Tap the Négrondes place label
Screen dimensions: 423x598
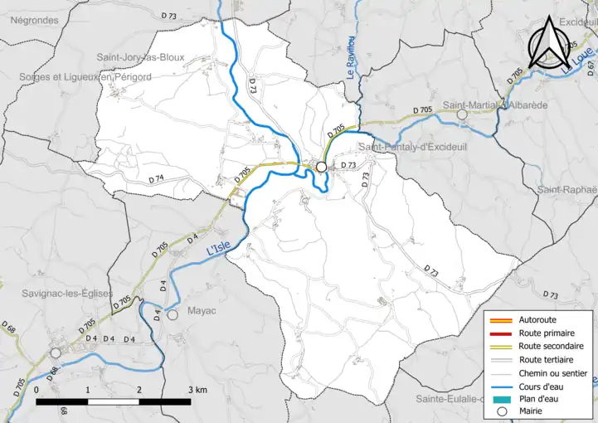(x=34, y=20)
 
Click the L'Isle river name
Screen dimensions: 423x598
(x=216, y=249)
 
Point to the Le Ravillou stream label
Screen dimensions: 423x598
(x=351, y=62)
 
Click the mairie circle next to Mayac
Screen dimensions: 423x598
(x=173, y=315)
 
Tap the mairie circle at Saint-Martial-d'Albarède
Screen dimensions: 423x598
(x=462, y=114)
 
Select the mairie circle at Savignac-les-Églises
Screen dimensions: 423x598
(x=56, y=352)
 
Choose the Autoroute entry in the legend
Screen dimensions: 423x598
(x=537, y=319)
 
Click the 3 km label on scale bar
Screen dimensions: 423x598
(x=197, y=389)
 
